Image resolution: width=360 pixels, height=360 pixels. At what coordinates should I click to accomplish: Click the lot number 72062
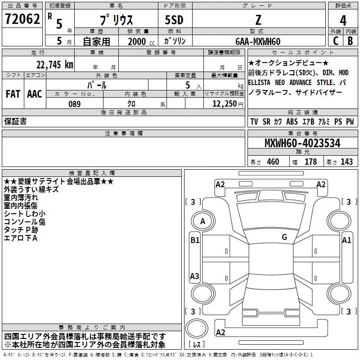point(22,19)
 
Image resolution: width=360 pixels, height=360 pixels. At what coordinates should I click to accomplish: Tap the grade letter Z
point(257,20)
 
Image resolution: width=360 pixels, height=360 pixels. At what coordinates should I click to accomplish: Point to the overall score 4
point(343,21)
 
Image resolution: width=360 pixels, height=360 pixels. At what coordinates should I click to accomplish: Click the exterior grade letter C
point(335,40)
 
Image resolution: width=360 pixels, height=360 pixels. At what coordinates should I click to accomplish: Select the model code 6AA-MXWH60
point(258,41)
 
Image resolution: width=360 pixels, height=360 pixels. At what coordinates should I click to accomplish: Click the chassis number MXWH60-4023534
point(302,144)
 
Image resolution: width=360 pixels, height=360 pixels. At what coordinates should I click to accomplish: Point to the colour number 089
point(75,104)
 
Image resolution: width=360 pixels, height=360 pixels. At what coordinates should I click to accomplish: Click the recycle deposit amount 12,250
point(224,104)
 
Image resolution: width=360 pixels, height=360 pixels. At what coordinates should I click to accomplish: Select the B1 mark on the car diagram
point(194,240)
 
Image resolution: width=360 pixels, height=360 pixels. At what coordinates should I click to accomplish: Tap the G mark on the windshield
point(284,237)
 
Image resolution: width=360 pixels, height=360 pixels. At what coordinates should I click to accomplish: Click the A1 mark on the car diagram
point(346,240)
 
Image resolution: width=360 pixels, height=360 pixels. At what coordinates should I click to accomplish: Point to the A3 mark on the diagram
point(194,276)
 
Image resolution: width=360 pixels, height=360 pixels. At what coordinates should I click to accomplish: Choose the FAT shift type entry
point(13,94)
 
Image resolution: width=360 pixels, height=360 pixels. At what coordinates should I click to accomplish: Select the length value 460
point(273,162)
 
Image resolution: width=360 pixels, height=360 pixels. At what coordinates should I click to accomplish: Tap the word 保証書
point(15,121)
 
